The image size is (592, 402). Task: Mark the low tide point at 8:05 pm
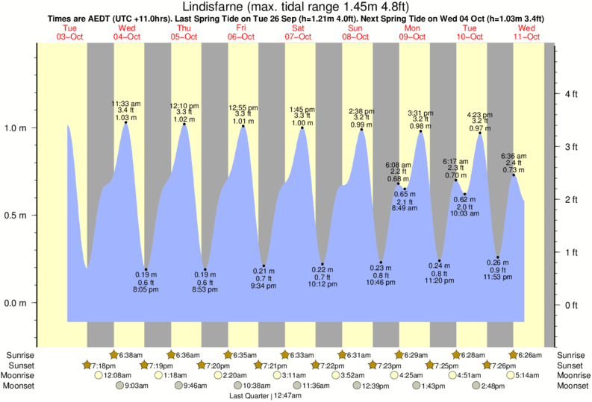(146, 269)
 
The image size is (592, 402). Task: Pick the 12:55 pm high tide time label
(243, 107)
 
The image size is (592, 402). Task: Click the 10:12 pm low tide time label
(323, 284)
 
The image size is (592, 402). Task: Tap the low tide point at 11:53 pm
(498, 257)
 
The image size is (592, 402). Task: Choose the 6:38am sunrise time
(131, 355)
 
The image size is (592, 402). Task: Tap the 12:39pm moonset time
(376, 386)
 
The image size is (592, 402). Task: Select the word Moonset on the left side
(21, 386)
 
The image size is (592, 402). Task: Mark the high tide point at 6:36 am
(514, 175)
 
